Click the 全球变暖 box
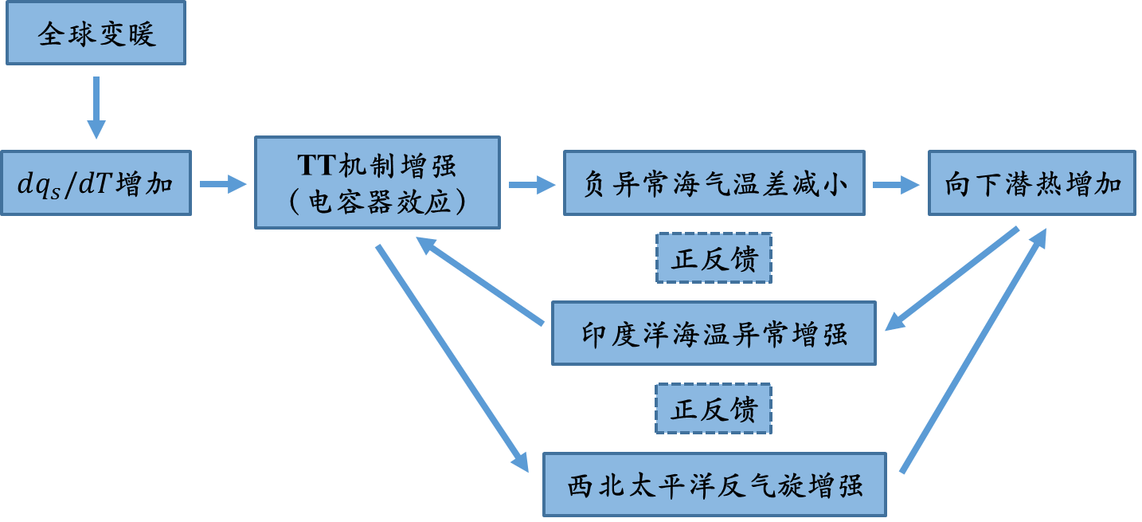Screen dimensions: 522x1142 pos(96,33)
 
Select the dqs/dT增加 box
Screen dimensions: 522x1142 pos(96,184)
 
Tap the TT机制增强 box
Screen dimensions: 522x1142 pos(377,183)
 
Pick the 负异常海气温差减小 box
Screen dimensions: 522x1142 pos(714,184)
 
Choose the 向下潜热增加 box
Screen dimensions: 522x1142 pos(1032,184)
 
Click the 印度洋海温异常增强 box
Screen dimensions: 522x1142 pos(714,333)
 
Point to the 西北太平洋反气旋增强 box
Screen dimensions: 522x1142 pos(714,485)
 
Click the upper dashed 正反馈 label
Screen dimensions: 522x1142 pos(714,258)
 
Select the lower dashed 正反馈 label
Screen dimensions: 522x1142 pos(714,410)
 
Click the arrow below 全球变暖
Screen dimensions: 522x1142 pos(96,108)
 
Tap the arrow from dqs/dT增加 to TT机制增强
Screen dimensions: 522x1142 pos(223,185)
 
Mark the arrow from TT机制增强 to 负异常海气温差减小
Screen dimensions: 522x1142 pos(532,185)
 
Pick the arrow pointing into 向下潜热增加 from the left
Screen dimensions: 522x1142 pos(896,185)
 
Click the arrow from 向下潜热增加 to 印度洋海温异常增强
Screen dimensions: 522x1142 pos(952,279)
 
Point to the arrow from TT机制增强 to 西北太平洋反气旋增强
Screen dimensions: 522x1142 pos(452,359)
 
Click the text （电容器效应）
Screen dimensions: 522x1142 pos(377,202)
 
